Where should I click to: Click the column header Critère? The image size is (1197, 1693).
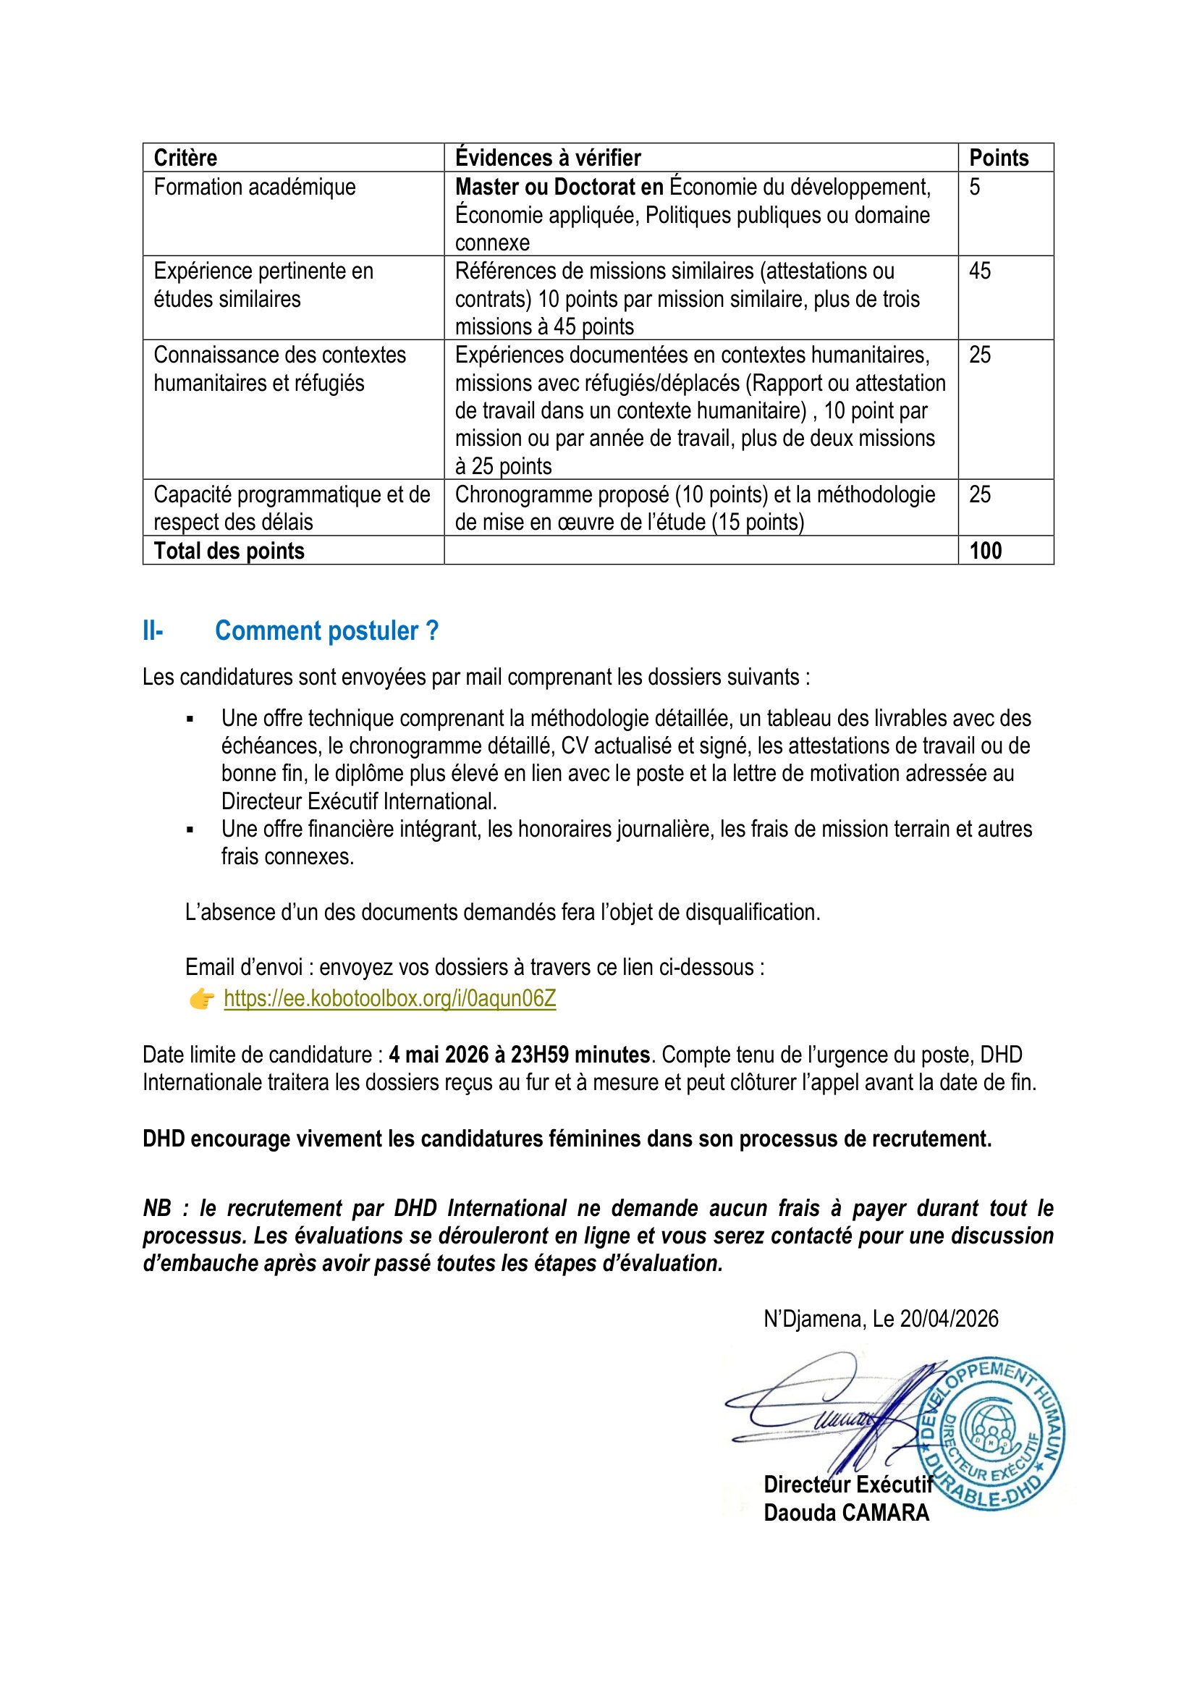185,158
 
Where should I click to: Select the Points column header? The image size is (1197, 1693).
998,158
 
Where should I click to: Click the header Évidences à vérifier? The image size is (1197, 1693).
548,158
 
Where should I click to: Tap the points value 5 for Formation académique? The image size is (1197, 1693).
974,187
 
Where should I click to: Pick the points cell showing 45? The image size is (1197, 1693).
980,271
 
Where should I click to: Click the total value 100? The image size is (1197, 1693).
986,551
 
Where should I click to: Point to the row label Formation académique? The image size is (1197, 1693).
254,187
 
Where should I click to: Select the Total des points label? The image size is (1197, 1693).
229,551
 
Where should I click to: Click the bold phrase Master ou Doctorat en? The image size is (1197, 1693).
559,187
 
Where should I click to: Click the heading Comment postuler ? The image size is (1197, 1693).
326,631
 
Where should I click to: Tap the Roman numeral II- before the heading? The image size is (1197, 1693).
153,631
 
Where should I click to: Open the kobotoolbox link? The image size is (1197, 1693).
390,998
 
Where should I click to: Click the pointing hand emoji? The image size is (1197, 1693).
201,999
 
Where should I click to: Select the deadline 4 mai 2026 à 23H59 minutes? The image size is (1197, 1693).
519,1055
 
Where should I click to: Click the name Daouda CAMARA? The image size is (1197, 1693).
846,1513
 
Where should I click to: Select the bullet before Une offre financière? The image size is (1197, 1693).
190,829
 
